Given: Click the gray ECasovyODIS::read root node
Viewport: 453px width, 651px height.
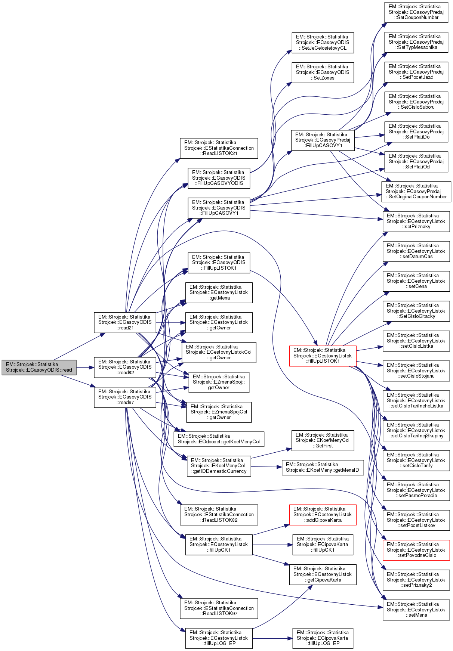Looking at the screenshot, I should click(x=39, y=367).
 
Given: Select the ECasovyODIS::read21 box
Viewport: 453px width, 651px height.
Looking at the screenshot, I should click(x=125, y=322).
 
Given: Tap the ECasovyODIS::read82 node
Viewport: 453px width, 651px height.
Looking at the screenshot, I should click(x=125, y=367).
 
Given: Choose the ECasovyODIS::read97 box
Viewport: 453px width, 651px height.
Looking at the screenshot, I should click(x=125, y=397).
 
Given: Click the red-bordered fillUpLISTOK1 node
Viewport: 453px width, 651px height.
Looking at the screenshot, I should click(x=323, y=356).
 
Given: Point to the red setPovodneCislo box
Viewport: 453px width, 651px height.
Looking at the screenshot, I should click(x=416, y=550).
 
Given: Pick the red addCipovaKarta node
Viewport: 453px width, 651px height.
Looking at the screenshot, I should click(x=323, y=514).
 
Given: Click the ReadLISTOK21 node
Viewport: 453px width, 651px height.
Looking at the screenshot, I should click(x=219, y=148).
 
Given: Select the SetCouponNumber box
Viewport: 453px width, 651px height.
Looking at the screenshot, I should click(x=416, y=12).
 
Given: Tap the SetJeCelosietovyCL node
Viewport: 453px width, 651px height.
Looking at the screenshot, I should click(x=323, y=42).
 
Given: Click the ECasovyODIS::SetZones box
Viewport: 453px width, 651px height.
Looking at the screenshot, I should click(x=323, y=72).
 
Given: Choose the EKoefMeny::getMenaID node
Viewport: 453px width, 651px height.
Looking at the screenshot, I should click(x=323, y=467).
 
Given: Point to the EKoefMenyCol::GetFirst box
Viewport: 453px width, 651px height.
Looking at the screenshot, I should click(x=323, y=440).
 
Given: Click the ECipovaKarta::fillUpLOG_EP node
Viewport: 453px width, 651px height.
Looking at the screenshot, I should click(x=323, y=638).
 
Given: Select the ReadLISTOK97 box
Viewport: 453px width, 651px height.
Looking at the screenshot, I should click(x=219, y=608).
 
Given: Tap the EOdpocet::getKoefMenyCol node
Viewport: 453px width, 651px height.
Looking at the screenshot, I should click(x=219, y=439).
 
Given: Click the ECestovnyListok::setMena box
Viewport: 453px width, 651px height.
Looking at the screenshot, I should click(x=416, y=610).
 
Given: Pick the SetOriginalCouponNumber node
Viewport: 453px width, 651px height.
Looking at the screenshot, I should click(x=416, y=191).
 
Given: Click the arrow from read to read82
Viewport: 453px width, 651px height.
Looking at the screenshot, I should click(x=85, y=367).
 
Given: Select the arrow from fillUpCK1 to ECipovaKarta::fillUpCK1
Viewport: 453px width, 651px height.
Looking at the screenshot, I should click(x=272, y=545).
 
